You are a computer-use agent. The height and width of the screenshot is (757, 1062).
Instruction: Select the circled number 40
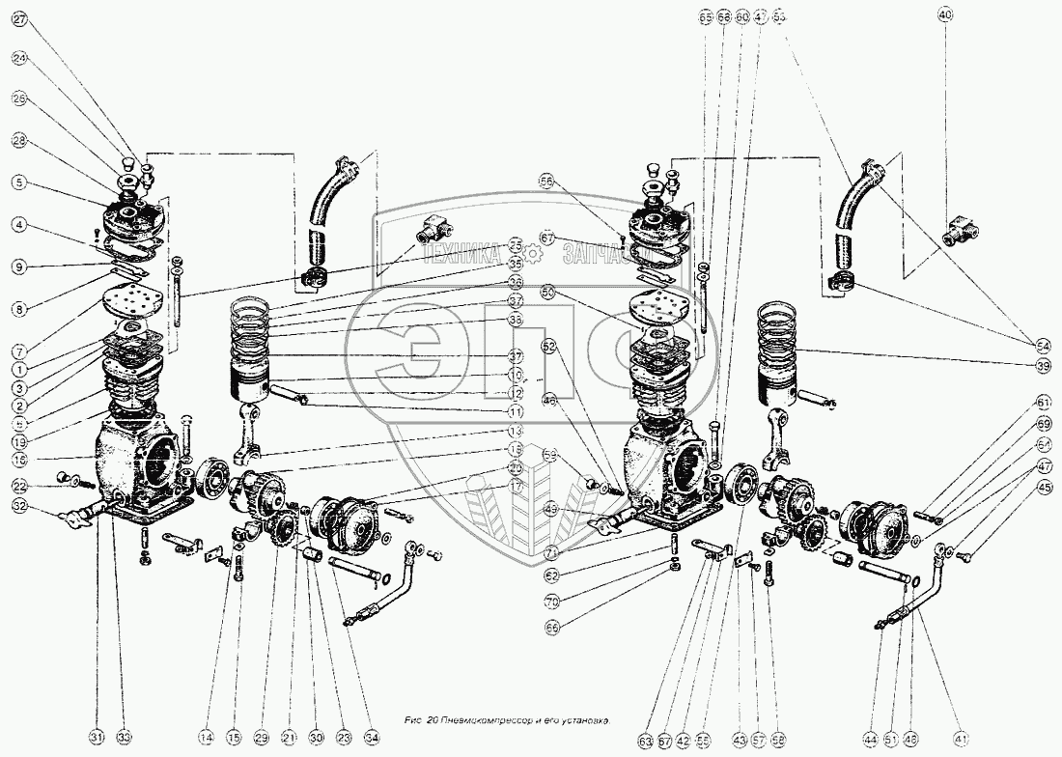point(945,14)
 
